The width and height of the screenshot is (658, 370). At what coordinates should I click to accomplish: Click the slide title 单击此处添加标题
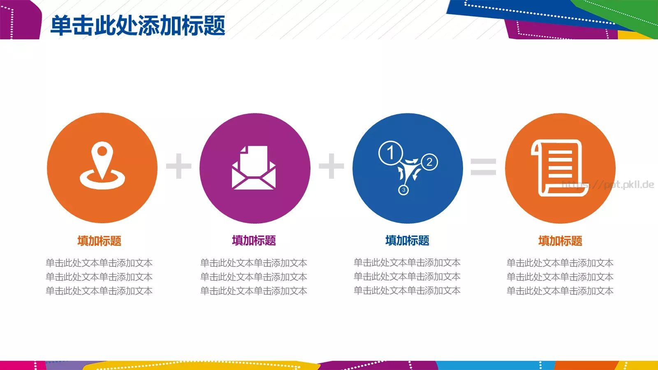click(x=138, y=25)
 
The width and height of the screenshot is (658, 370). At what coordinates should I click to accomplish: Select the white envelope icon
click(x=254, y=169)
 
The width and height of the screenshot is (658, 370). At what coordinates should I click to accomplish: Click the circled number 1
click(x=390, y=153)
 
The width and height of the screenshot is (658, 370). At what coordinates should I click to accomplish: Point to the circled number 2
click(x=429, y=162)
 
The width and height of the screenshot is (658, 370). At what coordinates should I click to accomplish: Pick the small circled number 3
click(x=403, y=190)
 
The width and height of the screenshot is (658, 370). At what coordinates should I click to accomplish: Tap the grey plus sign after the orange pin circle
click(x=178, y=166)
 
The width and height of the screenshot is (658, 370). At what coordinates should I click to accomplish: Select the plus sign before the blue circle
click(x=331, y=166)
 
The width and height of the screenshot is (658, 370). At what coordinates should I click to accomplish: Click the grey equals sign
click(x=484, y=166)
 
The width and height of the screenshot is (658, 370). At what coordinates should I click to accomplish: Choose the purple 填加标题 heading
click(x=254, y=240)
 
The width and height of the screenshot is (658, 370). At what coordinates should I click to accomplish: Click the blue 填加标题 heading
click(x=407, y=240)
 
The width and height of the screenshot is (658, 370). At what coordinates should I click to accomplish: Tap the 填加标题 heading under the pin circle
click(x=99, y=241)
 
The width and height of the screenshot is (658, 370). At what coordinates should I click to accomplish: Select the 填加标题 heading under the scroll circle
click(x=560, y=241)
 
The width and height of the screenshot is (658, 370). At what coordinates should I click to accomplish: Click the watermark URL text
click(x=609, y=185)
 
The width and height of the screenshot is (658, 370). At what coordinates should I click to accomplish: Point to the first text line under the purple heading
click(x=254, y=263)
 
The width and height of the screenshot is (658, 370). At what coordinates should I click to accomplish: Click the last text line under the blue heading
click(x=407, y=291)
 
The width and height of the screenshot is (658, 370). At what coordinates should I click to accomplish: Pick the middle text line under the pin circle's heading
click(x=99, y=277)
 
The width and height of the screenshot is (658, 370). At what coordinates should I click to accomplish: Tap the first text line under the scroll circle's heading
click(x=560, y=263)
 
